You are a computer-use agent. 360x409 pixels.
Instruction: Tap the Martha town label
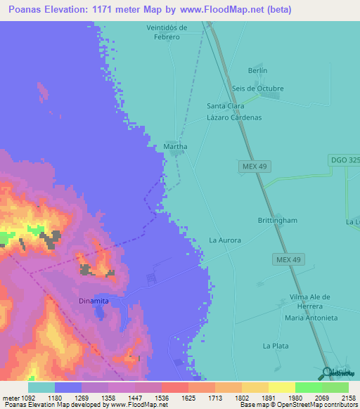coord(175,146)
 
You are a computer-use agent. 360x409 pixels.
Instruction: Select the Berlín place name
coord(258,71)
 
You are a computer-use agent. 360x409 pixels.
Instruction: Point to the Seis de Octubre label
coord(257,89)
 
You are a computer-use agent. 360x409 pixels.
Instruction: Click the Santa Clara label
coord(225,106)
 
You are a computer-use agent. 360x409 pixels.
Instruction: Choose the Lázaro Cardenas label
coord(234,117)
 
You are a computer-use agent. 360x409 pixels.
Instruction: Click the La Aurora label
coord(225,240)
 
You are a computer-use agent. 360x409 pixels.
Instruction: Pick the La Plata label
coord(276,346)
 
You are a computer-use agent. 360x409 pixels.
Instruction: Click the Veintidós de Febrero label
coord(167,32)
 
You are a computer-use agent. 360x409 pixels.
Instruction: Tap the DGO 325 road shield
coord(345,160)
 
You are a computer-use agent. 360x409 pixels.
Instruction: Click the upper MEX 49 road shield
coord(255,166)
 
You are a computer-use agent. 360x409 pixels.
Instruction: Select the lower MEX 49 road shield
coord(288,260)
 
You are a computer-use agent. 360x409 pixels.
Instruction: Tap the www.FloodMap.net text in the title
coord(217,10)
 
